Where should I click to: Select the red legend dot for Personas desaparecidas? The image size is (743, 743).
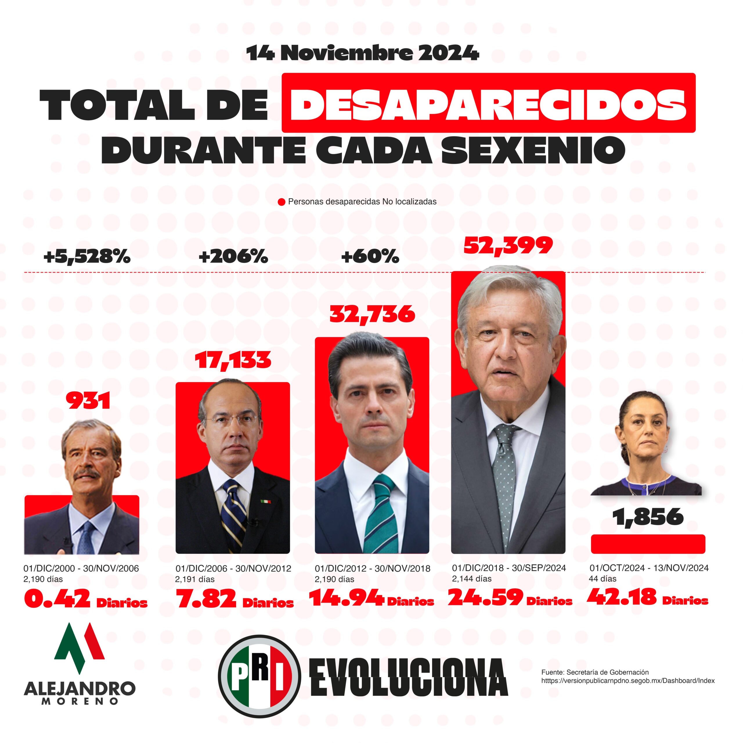[282, 202]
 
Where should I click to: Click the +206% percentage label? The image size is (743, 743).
[233, 257]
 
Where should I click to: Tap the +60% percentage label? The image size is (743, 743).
[370, 257]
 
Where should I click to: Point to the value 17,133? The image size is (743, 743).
[233, 360]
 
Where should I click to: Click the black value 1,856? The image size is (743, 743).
[648, 517]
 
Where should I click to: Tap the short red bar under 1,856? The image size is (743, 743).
[648, 544]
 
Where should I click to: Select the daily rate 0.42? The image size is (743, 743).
[57, 599]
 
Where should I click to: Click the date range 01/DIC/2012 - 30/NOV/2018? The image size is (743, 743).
[373, 568]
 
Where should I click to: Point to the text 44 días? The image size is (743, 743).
[603, 579]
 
